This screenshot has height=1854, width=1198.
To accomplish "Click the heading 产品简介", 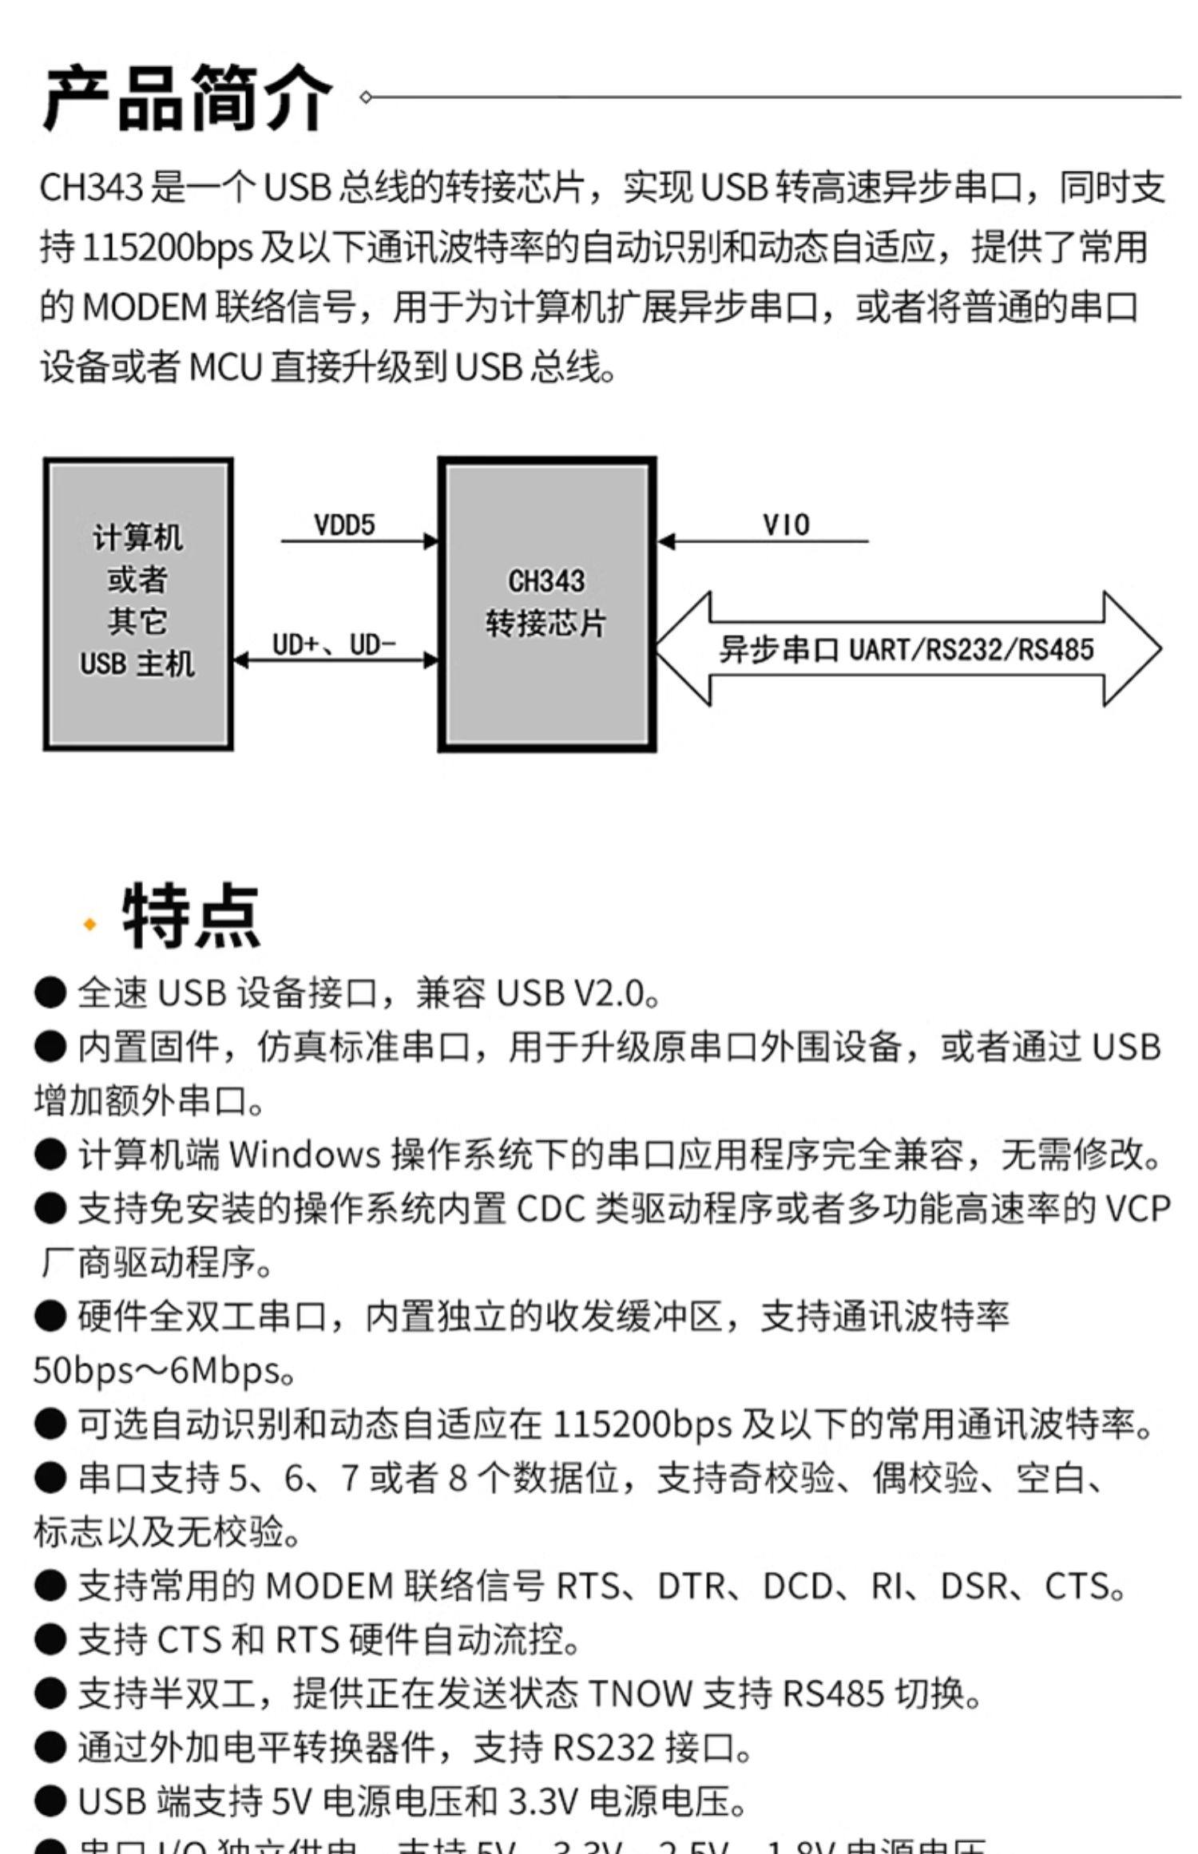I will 187,98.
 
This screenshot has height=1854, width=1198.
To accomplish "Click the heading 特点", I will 191,916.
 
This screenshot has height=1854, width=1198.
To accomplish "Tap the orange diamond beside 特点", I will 89,924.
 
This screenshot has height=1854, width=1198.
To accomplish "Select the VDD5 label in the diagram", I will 344,525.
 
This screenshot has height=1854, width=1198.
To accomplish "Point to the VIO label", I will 786,525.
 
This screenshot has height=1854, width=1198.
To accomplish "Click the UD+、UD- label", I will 334,644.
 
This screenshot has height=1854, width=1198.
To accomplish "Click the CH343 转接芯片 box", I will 547,604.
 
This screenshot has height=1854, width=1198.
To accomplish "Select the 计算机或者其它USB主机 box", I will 138,604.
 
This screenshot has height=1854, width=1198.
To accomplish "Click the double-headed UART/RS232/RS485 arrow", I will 907,649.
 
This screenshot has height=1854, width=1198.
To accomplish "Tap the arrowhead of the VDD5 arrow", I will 431,541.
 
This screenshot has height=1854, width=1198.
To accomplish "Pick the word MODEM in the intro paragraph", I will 145,307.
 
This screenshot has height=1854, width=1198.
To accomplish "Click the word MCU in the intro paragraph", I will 225,368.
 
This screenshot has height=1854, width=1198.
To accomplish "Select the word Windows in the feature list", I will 304,1155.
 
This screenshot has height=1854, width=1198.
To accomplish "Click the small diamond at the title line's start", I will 366,97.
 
